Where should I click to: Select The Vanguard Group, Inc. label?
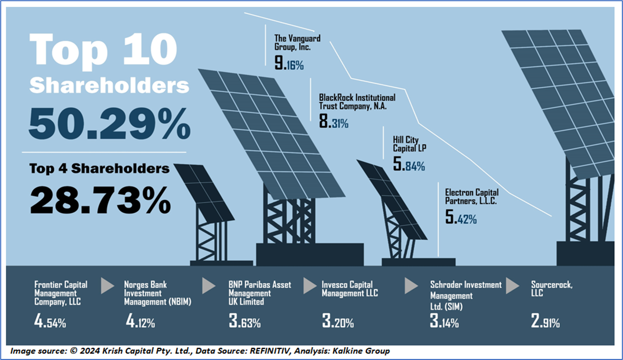coord(297,42)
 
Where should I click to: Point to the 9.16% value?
coord(289,64)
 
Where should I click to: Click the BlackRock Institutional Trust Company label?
coord(357,102)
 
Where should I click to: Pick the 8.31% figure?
coord(334,124)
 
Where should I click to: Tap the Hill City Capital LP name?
coord(409,144)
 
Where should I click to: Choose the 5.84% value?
coord(409,166)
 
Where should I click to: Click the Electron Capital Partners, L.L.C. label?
coord(471,197)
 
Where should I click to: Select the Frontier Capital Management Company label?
coord(61,293)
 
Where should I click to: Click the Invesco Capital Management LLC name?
coord(350,289)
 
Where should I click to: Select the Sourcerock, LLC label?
coord(544,289)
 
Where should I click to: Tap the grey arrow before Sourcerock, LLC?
coord(513,286)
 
